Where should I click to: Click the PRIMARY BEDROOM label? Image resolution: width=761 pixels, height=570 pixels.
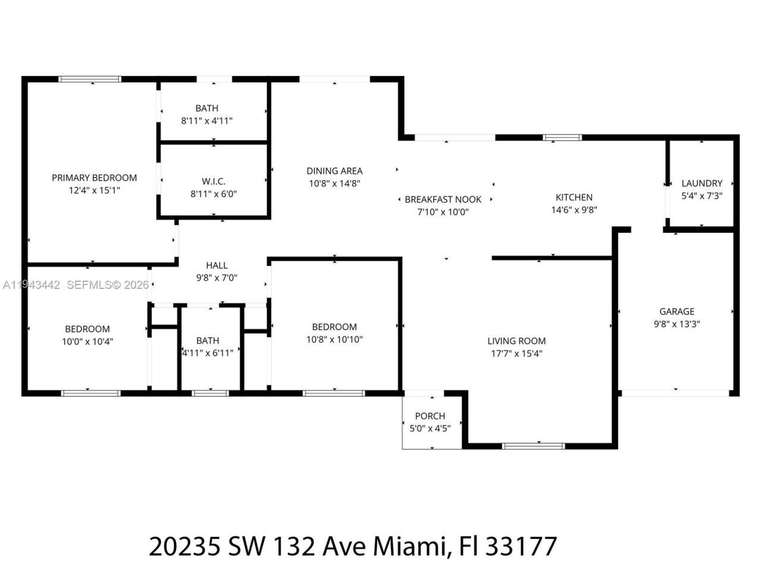point(94,178)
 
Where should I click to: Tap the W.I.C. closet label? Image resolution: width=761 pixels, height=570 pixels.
point(213,181)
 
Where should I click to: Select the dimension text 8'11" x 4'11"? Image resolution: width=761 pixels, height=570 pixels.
point(207,121)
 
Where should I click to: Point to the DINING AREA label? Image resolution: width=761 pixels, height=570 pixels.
point(335,171)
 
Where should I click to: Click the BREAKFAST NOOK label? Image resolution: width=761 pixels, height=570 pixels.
point(443,199)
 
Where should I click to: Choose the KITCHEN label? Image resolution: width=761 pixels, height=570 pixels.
point(574,197)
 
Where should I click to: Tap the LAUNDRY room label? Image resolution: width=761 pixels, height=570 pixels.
point(702,183)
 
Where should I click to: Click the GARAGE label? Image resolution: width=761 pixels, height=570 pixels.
point(677,311)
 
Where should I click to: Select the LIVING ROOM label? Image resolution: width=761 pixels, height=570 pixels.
point(516,341)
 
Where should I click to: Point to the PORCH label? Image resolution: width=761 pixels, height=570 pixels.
point(430,416)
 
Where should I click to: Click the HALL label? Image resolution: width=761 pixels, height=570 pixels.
point(217,265)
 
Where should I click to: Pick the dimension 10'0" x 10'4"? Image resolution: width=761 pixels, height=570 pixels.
point(87,341)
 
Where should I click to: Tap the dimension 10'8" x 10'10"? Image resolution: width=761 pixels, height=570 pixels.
point(335,340)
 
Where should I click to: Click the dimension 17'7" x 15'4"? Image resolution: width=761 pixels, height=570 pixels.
point(516,354)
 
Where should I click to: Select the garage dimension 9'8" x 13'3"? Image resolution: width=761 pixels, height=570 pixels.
point(677,324)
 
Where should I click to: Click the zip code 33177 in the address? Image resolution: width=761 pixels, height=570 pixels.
point(521,546)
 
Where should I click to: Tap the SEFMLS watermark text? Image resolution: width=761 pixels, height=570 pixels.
point(92,285)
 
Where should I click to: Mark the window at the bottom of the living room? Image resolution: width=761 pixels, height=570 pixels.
point(533,445)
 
